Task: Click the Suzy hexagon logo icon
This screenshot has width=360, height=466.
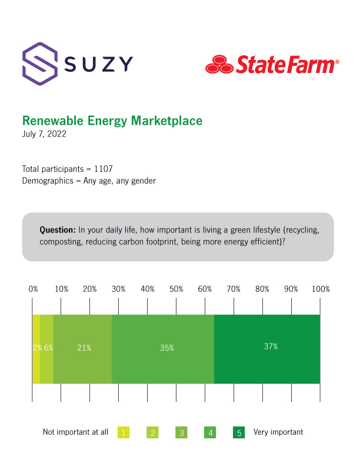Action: pos(40,61)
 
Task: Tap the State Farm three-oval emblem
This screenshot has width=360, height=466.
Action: pos(219,64)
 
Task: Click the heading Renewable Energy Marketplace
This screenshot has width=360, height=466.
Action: pos(112,121)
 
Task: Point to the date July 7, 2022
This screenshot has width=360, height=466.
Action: pos(44,134)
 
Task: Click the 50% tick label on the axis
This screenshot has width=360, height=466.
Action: pos(176,289)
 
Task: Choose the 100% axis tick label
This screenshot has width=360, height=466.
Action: pos(321,289)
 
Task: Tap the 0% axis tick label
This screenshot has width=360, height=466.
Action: pos(34,289)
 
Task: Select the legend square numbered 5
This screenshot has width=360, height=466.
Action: pos(239,432)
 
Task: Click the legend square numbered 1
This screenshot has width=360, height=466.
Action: pos(124,432)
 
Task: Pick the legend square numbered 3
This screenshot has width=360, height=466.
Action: pos(181,432)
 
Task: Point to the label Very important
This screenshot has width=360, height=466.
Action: pos(278,432)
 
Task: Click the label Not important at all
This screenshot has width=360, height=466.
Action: pos(75,432)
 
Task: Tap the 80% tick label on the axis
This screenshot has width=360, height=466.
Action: pos(262,289)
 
